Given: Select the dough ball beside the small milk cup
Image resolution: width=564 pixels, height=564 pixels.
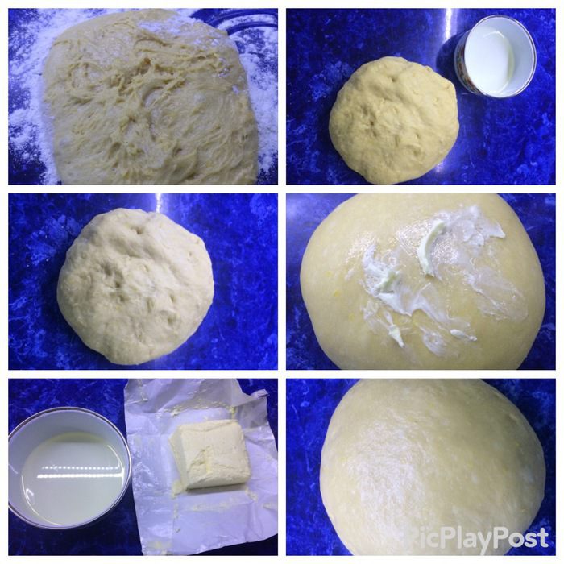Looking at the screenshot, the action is click(394, 120).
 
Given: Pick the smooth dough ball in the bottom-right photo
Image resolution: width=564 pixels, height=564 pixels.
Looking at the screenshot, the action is click(432, 467).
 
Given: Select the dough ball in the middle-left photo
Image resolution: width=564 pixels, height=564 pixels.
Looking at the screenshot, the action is click(135, 286).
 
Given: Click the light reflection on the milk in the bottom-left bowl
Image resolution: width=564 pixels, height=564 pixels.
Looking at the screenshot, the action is click(77, 472).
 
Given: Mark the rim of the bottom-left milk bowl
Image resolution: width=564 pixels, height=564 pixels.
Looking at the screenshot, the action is click(68, 411).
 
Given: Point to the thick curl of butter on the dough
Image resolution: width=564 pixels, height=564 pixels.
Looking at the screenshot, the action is click(432, 239).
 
